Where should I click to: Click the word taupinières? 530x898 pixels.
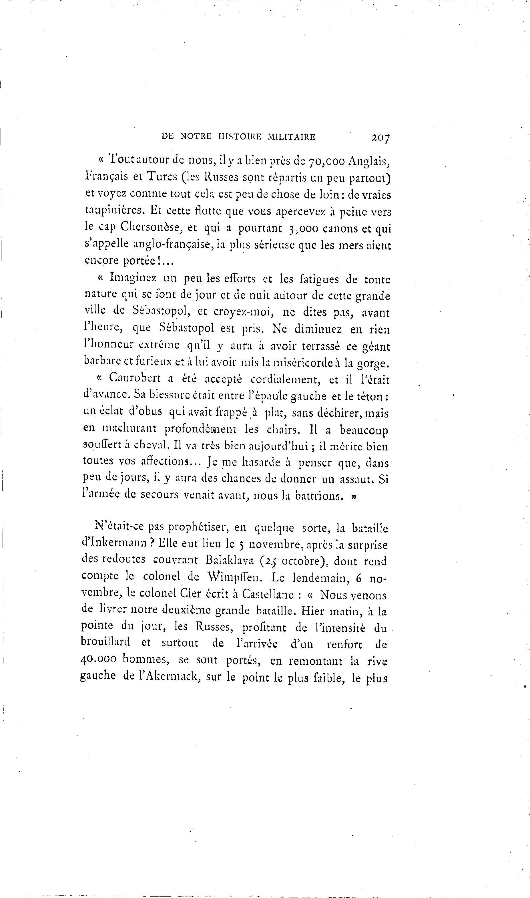[115, 211]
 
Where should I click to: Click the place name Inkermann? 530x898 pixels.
[117, 544]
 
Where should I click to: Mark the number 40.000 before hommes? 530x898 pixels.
[99, 660]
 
